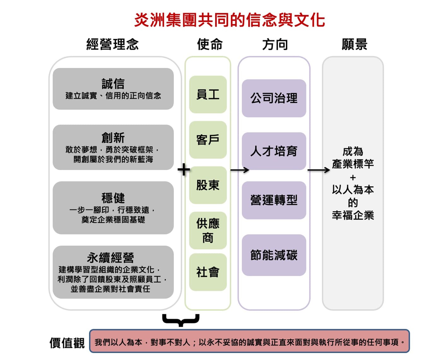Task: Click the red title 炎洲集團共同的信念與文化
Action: (x=229, y=20)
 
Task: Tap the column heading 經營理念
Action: (x=113, y=44)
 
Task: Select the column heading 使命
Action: (x=210, y=44)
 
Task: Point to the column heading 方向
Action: (x=275, y=44)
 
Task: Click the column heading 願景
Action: (x=354, y=44)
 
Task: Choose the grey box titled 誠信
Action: (x=113, y=89)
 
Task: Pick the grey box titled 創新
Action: (x=113, y=147)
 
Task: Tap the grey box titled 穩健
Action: (x=113, y=208)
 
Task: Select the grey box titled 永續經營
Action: (x=113, y=272)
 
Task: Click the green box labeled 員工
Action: (x=208, y=94)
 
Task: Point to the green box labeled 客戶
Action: (x=208, y=140)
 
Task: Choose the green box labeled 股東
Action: (x=208, y=185)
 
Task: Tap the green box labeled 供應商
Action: (x=208, y=230)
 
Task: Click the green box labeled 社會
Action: (x=208, y=272)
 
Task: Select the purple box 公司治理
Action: (x=274, y=98)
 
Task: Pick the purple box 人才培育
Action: (x=274, y=151)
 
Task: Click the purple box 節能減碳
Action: (x=274, y=255)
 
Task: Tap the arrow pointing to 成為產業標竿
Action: (x=319, y=170)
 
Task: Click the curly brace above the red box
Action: (x=181, y=320)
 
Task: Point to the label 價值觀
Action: (x=67, y=343)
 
